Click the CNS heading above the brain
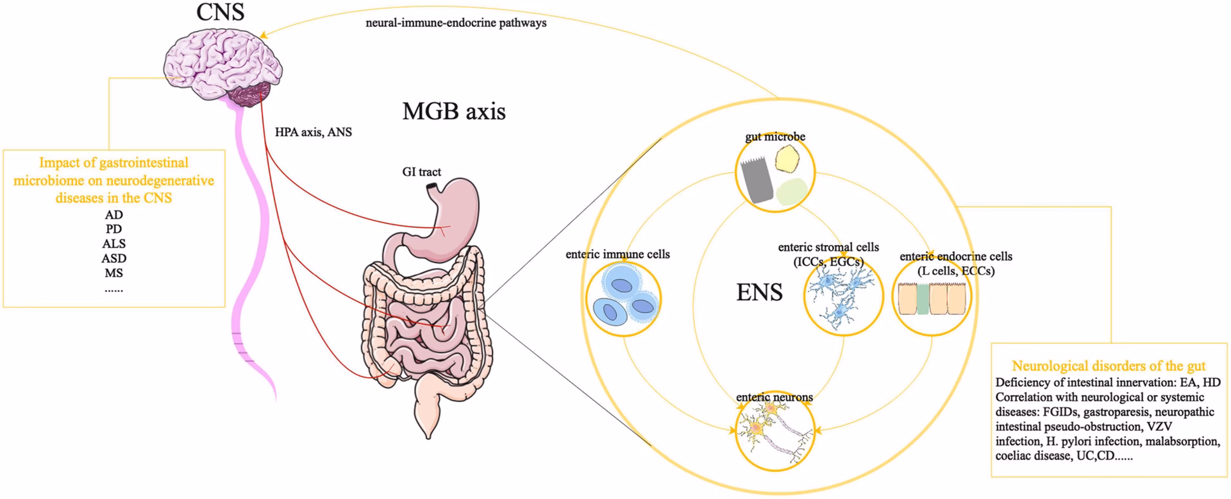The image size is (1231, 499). coord(221,12)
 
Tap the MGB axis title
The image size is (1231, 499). coord(454,112)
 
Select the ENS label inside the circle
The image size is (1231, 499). coord(759,292)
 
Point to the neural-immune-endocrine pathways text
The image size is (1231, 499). coord(456,23)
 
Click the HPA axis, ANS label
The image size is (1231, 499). coord(314,133)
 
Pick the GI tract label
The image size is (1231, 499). coord(421,172)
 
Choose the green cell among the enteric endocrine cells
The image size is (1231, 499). coord(923,300)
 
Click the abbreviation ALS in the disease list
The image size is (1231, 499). coord(114,244)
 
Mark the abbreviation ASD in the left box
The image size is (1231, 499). coord(114,258)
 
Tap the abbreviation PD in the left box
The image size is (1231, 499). coord(114,229)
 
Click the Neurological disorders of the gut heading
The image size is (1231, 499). coord(1109,366)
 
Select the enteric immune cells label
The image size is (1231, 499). coord(617,255)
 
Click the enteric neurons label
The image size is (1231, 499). coord(775,398)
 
